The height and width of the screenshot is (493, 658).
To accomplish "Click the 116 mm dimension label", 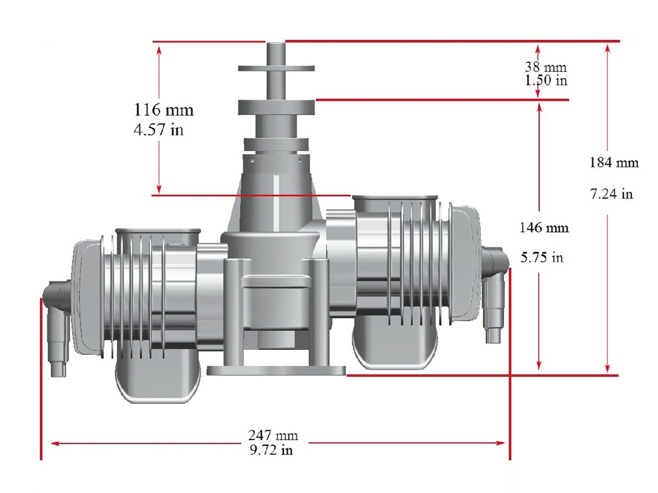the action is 164,110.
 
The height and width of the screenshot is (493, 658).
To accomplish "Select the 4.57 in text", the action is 158,130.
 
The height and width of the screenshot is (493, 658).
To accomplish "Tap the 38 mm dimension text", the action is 546,67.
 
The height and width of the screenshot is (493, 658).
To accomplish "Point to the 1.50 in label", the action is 546,80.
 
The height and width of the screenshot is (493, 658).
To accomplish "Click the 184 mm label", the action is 614,162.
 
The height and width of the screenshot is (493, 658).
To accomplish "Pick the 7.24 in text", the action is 611,194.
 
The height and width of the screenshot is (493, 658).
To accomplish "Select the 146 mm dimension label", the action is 544,227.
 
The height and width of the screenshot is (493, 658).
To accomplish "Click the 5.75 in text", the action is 542,257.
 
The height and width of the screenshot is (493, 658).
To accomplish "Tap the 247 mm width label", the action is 273,435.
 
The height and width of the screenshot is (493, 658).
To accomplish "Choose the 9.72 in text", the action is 271,450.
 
